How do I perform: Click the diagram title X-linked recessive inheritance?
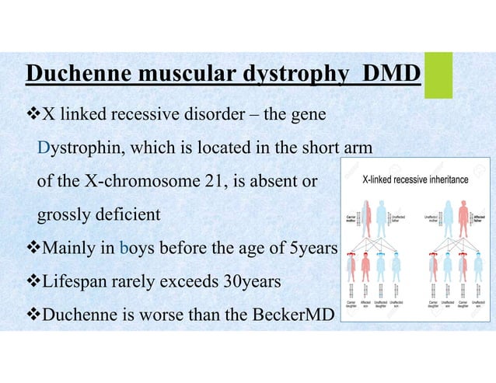[x=416, y=180]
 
